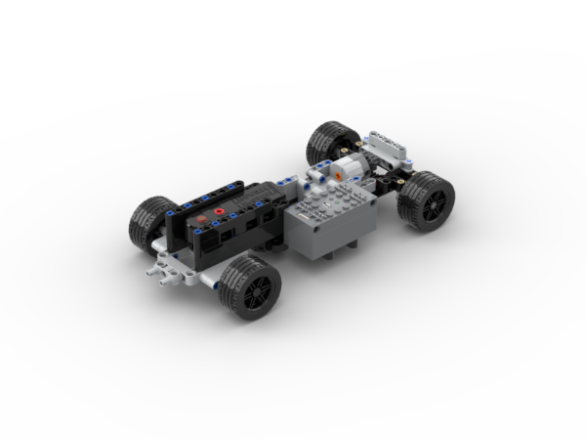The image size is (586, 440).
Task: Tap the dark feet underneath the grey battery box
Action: click(x=337, y=256)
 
